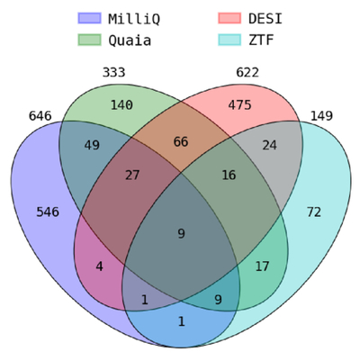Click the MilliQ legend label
(134, 19)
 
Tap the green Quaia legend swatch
(89, 40)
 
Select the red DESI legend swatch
(229, 18)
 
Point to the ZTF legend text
(261, 40)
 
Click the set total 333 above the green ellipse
(113, 72)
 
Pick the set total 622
(247, 72)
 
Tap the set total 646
(40, 116)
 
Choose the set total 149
(321, 116)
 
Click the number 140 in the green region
(121, 105)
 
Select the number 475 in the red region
(239, 105)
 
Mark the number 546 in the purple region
(48, 212)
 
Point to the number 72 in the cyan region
(314, 212)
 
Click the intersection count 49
(92, 145)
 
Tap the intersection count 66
(181, 141)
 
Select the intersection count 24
(270, 145)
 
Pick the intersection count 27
(132, 175)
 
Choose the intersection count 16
(229, 175)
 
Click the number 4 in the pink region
(100, 266)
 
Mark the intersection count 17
(262, 266)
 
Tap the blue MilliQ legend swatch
(89, 18)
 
